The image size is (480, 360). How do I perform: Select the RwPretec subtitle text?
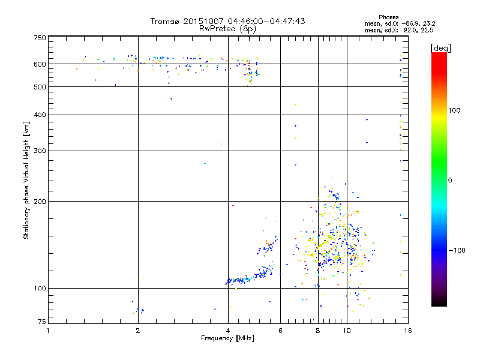[x=215, y=28]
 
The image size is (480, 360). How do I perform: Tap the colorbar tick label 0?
[x=451, y=180]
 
